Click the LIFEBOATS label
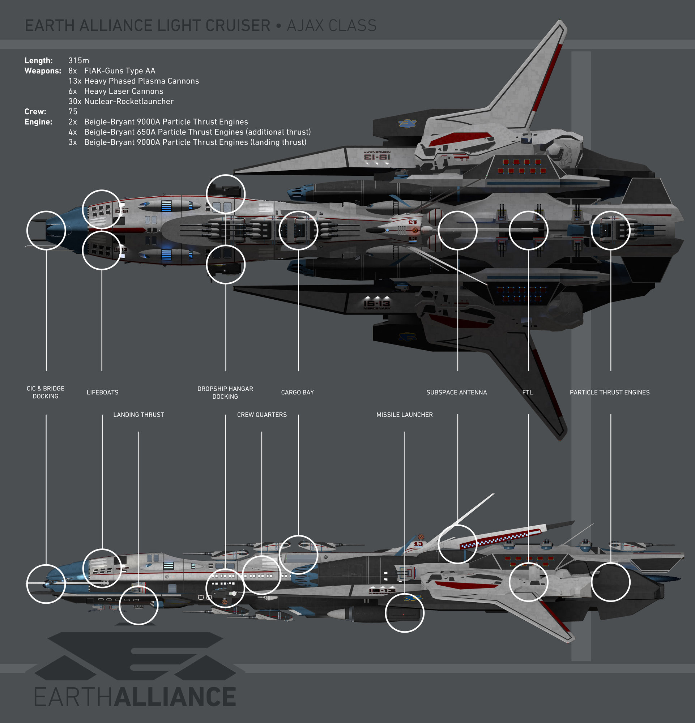[103, 393]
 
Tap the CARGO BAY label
[297, 393]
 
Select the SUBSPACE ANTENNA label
[456, 393]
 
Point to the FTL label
[528, 393]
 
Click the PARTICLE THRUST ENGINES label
[609, 393]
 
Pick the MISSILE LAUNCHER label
[404, 415]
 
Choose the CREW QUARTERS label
[261, 415]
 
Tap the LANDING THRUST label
[138, 415]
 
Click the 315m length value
[78, 60]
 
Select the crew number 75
[73, 111]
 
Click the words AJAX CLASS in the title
[331, 26]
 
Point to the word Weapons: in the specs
[43, 71]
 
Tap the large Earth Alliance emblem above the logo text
[135, 656]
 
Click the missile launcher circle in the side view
[404, 613]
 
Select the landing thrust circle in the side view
[139, 605]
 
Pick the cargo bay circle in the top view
[298, 231]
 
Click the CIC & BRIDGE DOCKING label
[45, 393]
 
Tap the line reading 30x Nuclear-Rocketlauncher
[121, 102]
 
